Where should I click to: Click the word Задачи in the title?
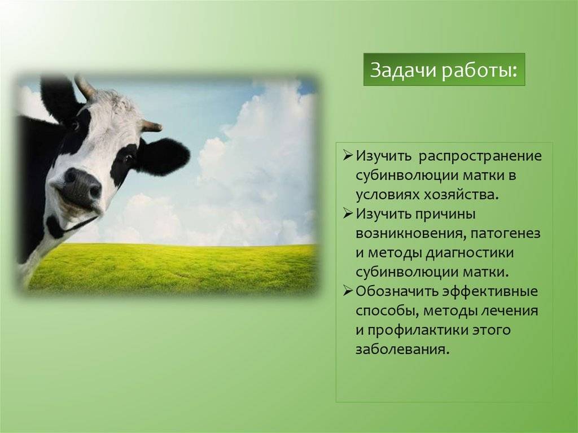[402, 69]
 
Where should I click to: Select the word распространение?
[480, 156]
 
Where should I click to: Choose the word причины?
[446, 215]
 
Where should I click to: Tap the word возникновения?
[409, 234]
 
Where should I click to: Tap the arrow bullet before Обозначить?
[348, 291]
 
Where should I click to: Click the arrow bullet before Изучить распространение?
[348, 156]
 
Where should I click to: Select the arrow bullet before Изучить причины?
[348, 214]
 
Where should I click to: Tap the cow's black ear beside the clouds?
[164, 156]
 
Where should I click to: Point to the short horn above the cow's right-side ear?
[151, 126]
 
